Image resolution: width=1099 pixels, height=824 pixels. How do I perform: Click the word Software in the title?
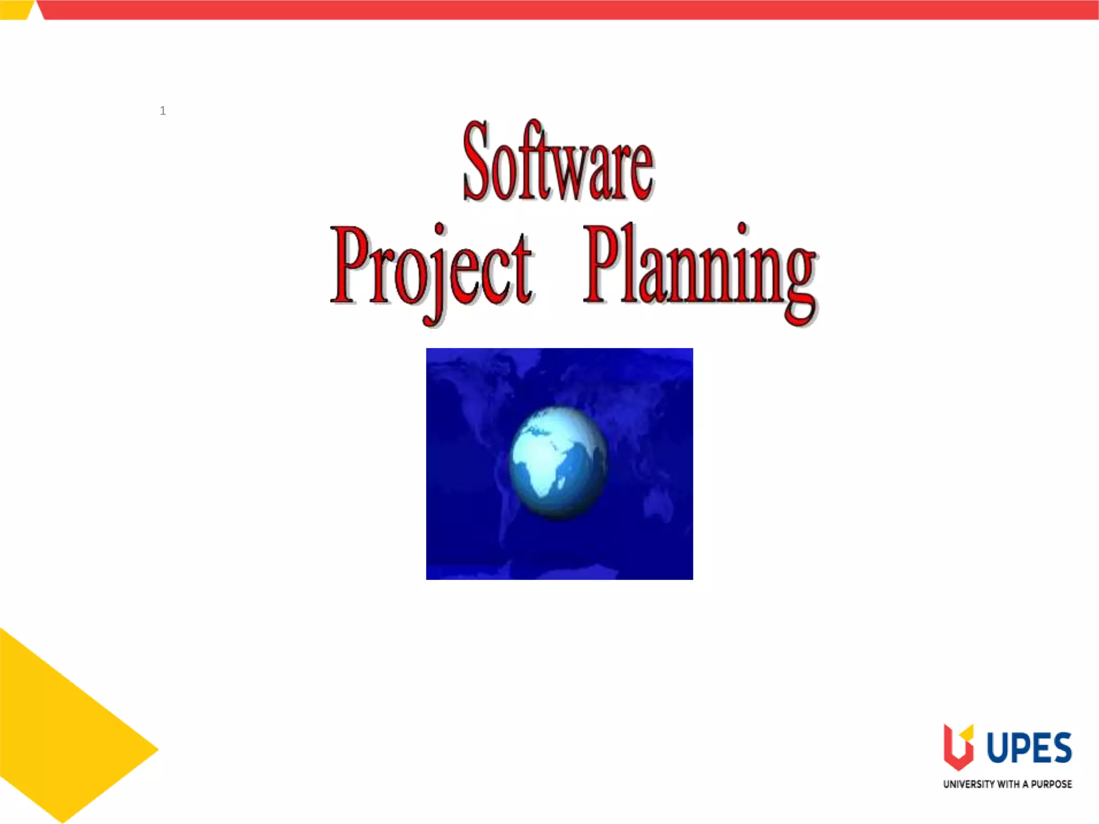click(x=558, y=161)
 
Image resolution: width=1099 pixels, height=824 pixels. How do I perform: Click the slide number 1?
click(x=163, y=111)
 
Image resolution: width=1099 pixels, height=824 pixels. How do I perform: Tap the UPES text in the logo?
click(x=1029, y=748)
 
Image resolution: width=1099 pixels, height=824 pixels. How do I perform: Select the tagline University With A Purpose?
click(x=1007, y=784)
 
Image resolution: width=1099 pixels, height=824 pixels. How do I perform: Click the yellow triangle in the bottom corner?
click(x=59, y=740)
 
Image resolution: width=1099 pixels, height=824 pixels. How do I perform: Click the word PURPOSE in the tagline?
click(x=1051, y=784)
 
